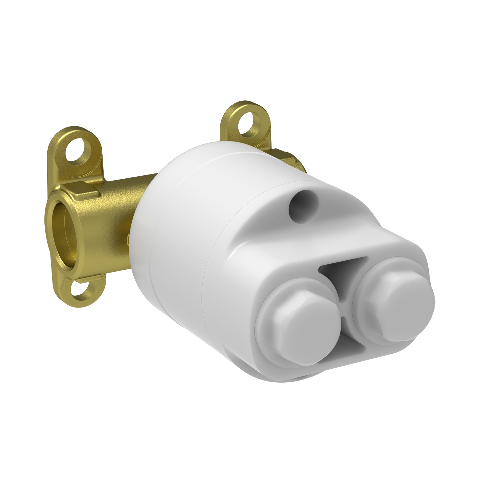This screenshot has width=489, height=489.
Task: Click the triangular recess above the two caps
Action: coord(342,271)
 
